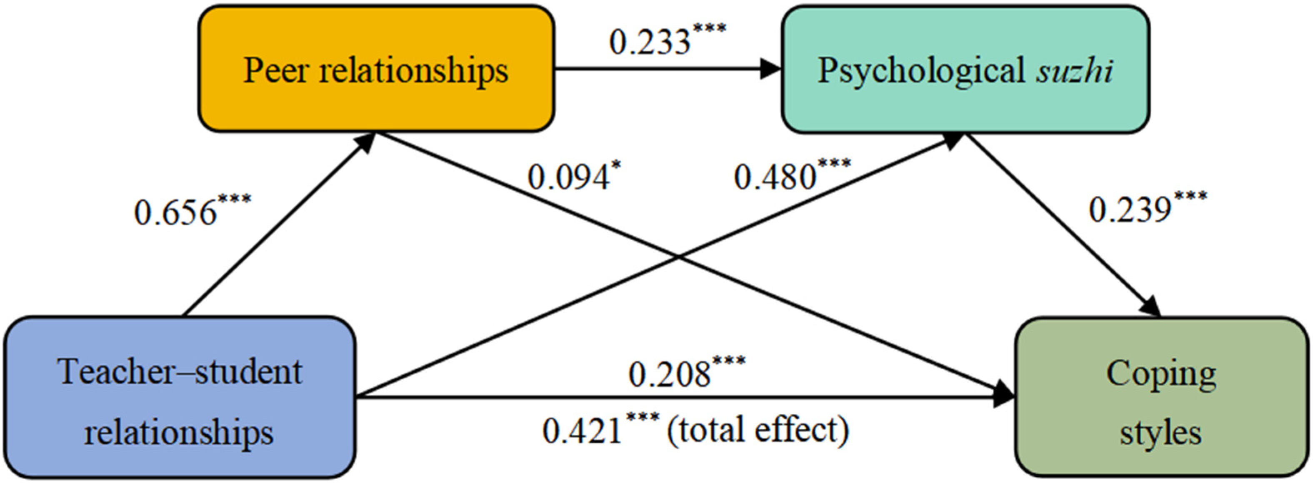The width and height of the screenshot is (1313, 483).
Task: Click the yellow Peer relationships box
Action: pyautogui.click(x=376, y=69)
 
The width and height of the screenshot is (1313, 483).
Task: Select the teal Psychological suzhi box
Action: pyautogui.click(x=965, y=69)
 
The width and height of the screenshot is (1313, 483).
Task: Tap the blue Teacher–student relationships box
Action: pyautogui.click(x=180, y=397)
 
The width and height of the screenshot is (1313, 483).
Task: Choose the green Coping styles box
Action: pyautogui.click(x=1161, y=397)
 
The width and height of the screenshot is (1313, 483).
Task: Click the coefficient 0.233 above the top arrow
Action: pyautogui.click(x=650, y=42)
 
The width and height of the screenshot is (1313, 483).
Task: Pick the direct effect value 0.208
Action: pyautogui.click(x=669, y=375)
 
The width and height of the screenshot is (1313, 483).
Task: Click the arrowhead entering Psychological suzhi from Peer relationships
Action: pyautogui.click(x=771, y=69)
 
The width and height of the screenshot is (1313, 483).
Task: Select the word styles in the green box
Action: pyautogui.click(x=1160, y=433)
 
